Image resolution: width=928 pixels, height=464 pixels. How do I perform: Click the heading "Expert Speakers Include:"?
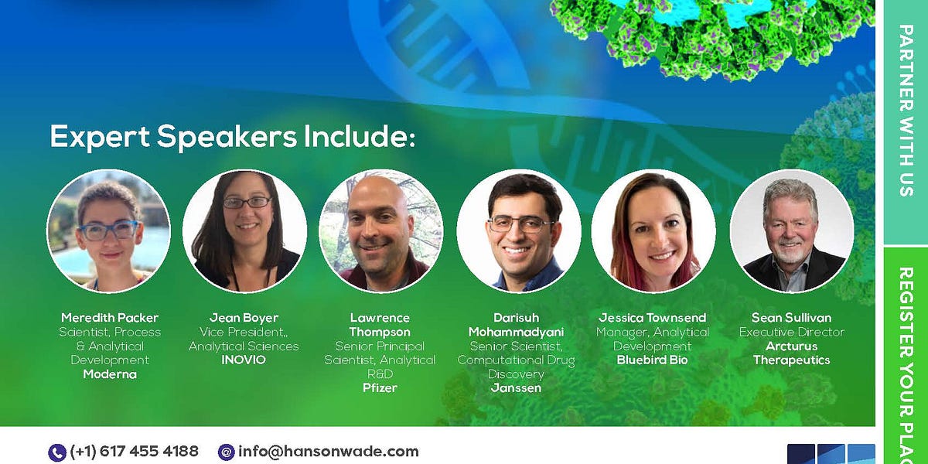tap(233, 137)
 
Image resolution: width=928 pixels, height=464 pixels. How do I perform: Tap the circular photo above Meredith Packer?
tap(108, 231)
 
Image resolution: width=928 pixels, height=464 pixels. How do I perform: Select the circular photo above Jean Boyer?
tap(244, 231)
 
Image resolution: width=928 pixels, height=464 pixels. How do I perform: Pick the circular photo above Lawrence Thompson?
tap(380, 231)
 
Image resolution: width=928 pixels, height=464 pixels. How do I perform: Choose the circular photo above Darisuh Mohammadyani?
tap(518, 231)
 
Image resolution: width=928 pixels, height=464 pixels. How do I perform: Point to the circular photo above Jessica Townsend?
tap(653, 231)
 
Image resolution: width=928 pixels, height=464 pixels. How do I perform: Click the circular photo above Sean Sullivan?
tap(791, 231)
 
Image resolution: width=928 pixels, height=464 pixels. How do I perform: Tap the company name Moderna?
tap(110, 374)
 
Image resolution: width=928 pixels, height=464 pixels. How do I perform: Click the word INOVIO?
tap(244, 360)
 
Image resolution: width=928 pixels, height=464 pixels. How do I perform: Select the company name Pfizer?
tap(380, 388)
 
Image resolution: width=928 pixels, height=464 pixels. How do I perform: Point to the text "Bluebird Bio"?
tap(653, 360)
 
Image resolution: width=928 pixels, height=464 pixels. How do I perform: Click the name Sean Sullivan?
tap(791, 318)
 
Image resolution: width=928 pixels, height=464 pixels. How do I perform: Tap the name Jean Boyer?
tap(244, 318)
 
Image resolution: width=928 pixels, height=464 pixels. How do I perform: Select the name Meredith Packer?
tap(110, 318)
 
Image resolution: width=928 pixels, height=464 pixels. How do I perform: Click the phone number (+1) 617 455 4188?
tap(134, 452)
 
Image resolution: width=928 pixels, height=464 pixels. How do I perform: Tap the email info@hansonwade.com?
tap(328, 452)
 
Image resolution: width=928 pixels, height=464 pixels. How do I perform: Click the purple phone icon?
tap(57, 452)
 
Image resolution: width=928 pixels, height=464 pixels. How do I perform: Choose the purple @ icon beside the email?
tap(227, 452)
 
